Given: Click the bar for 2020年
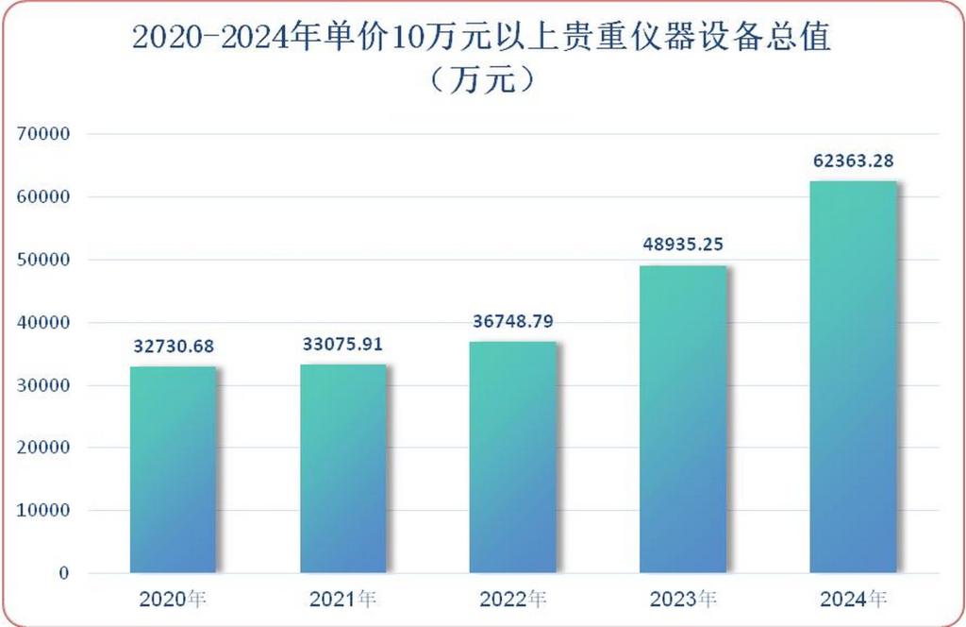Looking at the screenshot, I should [173, 469].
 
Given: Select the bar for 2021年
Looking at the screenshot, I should [343, 468].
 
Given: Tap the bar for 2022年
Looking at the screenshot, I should [513, 457].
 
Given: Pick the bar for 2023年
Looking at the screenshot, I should [683, 419].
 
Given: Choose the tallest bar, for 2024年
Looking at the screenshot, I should [853, 377].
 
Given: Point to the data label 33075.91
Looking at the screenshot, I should [343, 344].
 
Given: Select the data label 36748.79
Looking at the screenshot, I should [513, 322].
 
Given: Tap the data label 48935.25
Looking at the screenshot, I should [683, 246].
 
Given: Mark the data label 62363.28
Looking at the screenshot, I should [853, 161].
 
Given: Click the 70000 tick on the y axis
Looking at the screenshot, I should [44, 134].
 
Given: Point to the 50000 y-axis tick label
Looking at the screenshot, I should [44, 260].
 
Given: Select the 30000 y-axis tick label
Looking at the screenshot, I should [44, 385].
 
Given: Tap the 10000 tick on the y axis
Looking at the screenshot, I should [44, 511].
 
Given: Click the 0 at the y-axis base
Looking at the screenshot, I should [64, 573].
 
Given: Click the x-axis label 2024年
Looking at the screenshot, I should [853, 599].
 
